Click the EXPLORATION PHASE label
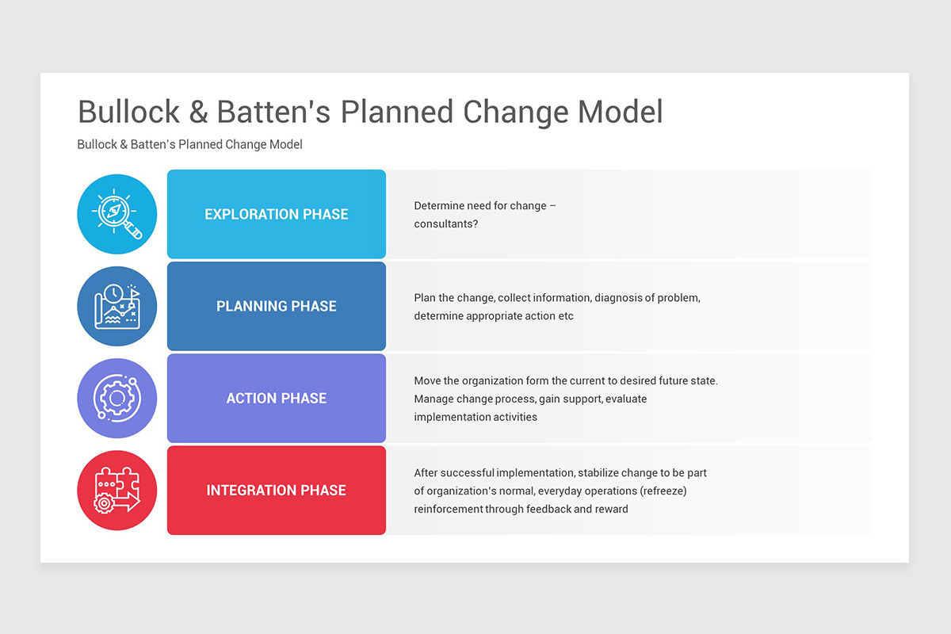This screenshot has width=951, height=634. [x=276, y=214]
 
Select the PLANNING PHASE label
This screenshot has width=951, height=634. [x=276, y=306]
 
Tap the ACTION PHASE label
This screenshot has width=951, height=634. [x=276, y=398]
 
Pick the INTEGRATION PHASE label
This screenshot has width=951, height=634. [x=276, y=490]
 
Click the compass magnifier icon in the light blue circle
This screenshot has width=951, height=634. [x=117, y=214]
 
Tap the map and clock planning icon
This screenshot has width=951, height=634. [x=117, y=306]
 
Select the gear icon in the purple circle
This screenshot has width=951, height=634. [x=117, y=398]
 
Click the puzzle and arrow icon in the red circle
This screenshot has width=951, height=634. [x=117, y=490]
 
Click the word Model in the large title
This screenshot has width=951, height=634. [x=620, y=113]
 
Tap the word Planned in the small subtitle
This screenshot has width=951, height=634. [x=202, y=144]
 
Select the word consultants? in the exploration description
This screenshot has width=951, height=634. [x=446, y=223]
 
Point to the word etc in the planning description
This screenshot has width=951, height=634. [x=564, y=315]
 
